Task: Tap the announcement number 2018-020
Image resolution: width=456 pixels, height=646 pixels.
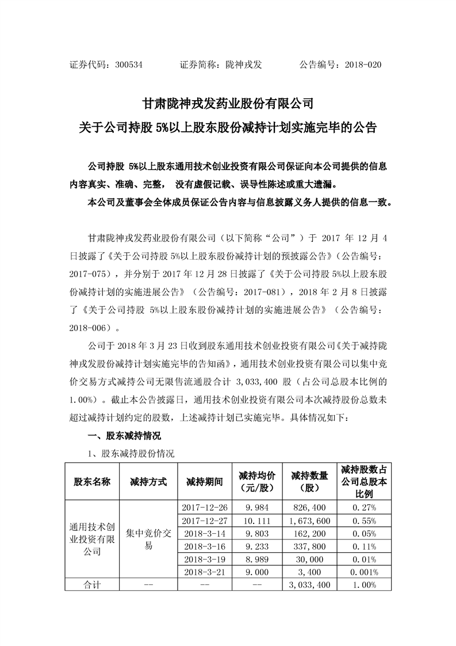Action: pos(363,65)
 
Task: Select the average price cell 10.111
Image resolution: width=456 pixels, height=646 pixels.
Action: pos(256,520)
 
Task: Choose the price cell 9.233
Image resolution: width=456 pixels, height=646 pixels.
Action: pos(256,546)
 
